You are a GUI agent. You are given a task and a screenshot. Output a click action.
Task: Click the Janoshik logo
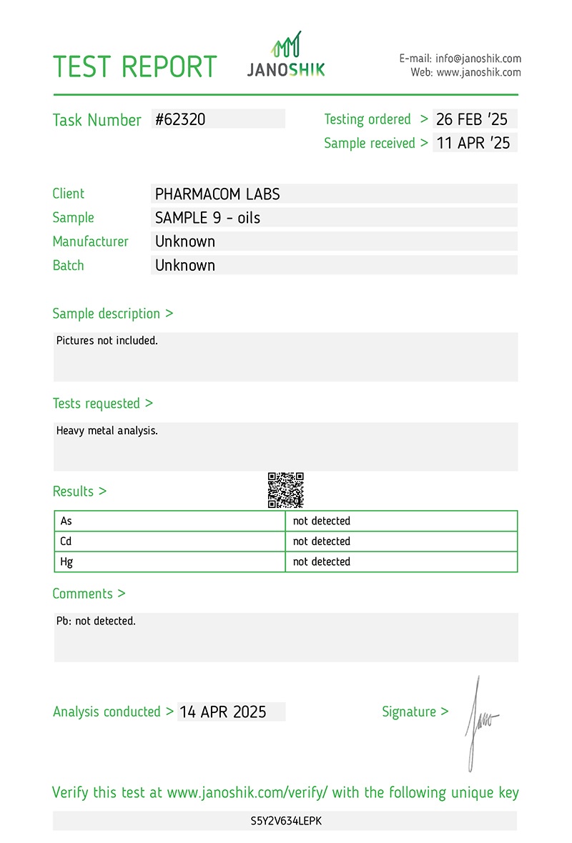point(286,56)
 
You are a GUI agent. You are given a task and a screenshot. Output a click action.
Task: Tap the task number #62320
point(181,119)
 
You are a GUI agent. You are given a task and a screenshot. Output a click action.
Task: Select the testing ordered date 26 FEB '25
point(472,119)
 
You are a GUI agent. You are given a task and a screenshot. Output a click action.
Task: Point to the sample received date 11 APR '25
point(473,143)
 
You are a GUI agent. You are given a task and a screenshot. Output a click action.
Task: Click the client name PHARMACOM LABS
point(217,194)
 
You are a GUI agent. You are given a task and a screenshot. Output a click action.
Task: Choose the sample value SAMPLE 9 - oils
point(207,218)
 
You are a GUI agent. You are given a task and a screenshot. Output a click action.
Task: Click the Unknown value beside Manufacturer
point(185,241)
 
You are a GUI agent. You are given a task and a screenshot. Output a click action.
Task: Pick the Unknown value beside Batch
point(185,265)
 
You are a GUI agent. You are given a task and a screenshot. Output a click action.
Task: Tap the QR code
point(286,490)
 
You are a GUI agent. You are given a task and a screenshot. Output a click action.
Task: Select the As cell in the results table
point(66,522)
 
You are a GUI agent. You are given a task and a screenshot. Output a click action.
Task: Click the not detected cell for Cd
point(322,542)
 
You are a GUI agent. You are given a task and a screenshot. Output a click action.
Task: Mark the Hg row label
point(67,562)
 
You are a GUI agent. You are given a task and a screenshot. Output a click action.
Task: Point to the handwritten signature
point(478,722)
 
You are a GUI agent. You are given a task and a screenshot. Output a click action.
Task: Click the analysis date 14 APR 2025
point(223,712)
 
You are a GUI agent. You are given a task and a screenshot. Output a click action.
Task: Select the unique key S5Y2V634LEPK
point(286,822)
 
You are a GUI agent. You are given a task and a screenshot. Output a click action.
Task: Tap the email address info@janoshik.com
point(478,59)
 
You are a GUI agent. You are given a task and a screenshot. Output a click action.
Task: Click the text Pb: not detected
point(96,622)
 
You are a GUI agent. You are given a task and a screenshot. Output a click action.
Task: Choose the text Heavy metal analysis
point(107,431)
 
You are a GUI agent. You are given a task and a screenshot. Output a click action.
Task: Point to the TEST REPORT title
point(135,66)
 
